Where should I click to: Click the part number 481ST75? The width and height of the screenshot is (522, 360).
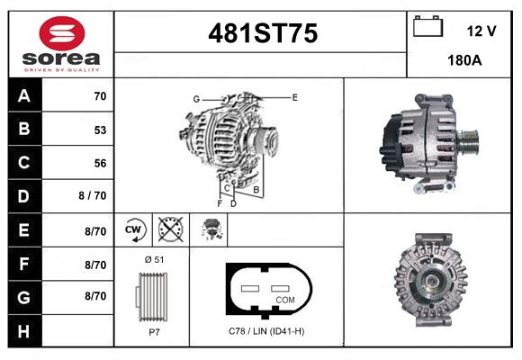[x=263, y=33]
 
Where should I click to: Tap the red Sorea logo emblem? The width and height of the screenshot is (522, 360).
[x=62, y=33]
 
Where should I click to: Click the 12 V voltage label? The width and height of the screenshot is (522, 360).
[x=481, y=31]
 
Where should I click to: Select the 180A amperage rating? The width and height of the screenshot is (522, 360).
[x=464, y=60]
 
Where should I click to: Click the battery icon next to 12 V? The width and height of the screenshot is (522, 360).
[x=428, y=26]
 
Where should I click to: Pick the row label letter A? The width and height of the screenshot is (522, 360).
[x=24, y=96]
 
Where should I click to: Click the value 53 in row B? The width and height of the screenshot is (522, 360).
[x=100, y=130]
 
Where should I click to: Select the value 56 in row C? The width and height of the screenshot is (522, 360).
[x=100, y=163]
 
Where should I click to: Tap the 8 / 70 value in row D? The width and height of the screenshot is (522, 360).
[x=93, y=195]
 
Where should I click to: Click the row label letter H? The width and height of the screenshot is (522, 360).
[x=23, y=331]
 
